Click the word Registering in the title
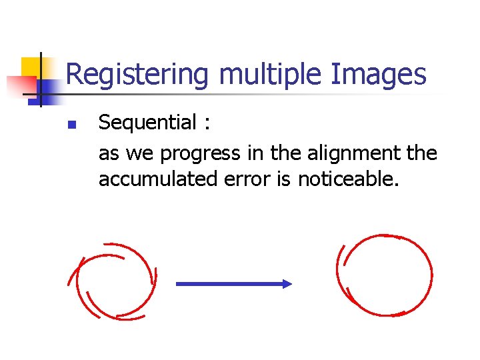[x=137, y=75]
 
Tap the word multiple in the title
[x=269, y=75]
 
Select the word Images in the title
[x=378, y=75]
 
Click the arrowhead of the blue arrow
[x=287, y=283]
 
